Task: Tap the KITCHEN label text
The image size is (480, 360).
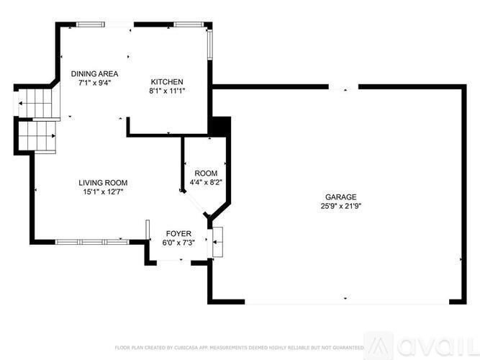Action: pyautogui.click(x=166, y=81)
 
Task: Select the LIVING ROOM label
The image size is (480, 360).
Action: pyautogui.click(x=103, y=183)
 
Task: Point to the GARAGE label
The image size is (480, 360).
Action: pyautogui.click(x=340, y=197)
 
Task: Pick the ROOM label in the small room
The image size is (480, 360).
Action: pyautogui.click(x=206, y=173)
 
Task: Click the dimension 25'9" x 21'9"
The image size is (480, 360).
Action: pyautogui.click(x=340, y=206)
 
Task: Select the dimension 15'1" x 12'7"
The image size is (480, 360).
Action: pyautogui.click(x=103, y=192)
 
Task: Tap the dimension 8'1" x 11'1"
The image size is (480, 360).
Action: pyautogui.click(x=166, y=91)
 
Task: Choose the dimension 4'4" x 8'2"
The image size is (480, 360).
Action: pyautogui.click(x=206, y=182)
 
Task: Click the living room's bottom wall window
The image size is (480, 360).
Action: pyautogui.click(x=89, y=240)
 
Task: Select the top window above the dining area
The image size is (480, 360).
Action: pyautogui.click(x=91, y=24)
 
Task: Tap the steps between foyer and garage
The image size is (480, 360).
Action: pyautogui.click(x=217, y=243)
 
